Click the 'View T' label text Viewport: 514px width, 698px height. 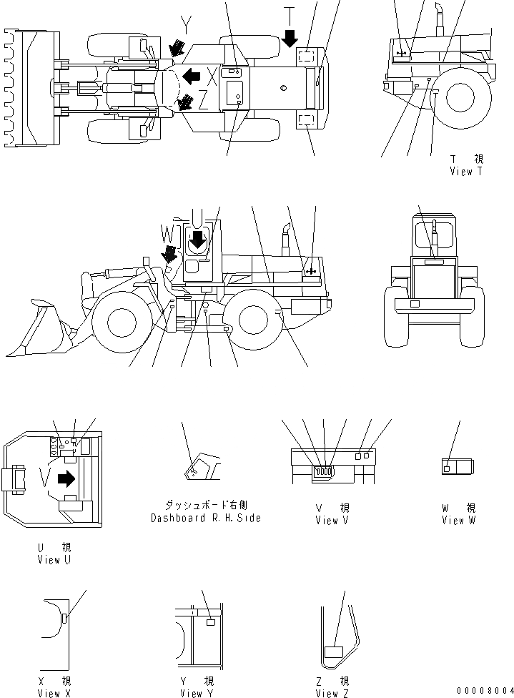(467, 172)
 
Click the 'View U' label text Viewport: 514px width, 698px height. (54, 560)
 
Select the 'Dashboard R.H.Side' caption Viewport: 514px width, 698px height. (205, 518)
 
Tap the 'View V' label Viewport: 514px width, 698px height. (332, 520)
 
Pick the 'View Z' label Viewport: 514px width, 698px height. (332, 693)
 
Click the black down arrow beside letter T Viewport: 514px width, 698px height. (290, 38)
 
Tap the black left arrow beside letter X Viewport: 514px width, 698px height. (190, 75)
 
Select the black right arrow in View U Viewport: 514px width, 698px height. (66, 478)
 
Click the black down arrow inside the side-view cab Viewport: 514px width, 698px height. (197, 242)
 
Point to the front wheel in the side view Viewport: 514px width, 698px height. (119, 323)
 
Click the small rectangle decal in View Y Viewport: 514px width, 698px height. (210, 623)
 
